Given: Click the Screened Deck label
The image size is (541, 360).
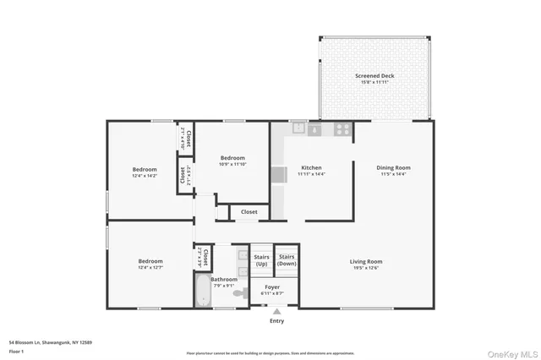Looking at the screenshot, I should point(374,76).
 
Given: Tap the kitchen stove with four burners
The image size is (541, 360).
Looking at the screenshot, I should point(343,129).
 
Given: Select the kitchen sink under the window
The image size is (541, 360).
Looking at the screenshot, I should point(299,129).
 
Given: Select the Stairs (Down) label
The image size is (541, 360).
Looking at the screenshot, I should point(287,260).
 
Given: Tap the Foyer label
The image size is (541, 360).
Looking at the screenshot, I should point(272,287).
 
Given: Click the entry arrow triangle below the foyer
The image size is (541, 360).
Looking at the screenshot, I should point(276,311).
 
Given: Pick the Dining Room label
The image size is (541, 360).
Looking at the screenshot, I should point(393,167).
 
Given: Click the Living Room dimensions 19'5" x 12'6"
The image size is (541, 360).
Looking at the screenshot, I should point(367,268).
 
